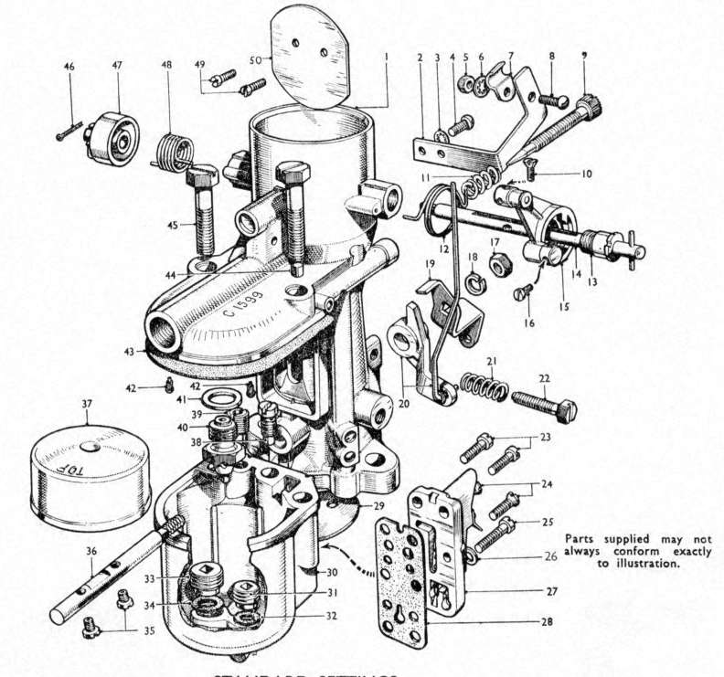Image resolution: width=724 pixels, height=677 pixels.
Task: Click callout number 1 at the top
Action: tap(387, 55)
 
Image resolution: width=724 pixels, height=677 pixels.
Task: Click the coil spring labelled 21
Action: tap(484, 385)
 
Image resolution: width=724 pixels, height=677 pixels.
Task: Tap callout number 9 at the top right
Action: tap(583, 56)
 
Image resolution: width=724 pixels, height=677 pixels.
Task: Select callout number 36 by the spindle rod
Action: tap(91, 551)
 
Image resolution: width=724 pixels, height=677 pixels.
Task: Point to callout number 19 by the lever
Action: tap(428, 264)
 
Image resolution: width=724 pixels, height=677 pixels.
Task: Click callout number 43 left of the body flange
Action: tap(130, 350)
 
